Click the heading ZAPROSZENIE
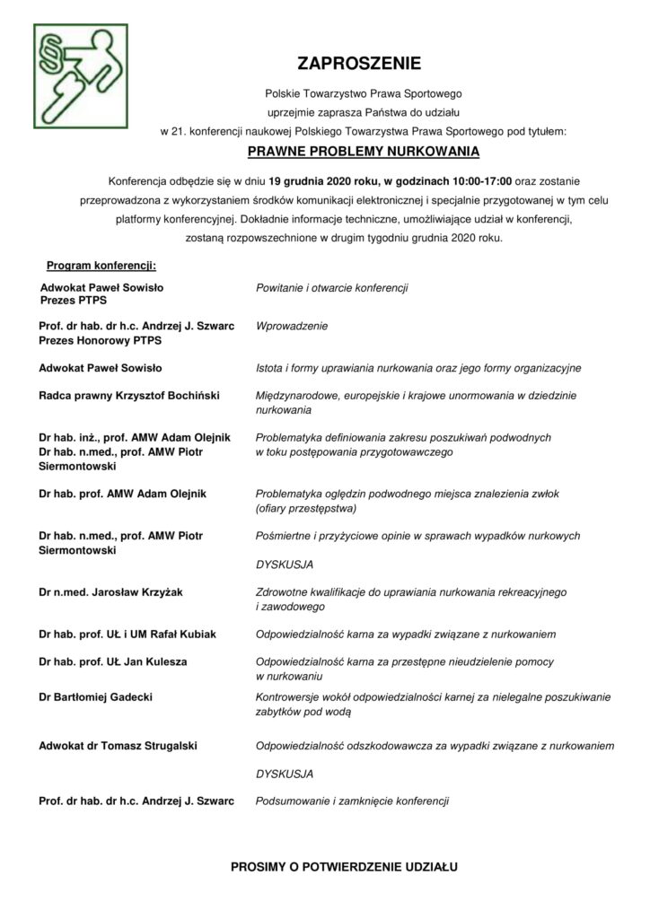point(363,64)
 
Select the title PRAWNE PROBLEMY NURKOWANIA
point(363,151)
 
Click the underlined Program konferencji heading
point(101,266)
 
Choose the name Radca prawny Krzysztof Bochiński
point(129,395)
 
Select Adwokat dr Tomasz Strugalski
point(119,745)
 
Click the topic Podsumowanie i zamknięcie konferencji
point(352,800)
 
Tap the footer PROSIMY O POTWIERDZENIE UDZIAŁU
point(345,868)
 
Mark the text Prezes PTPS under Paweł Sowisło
point(73,301)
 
